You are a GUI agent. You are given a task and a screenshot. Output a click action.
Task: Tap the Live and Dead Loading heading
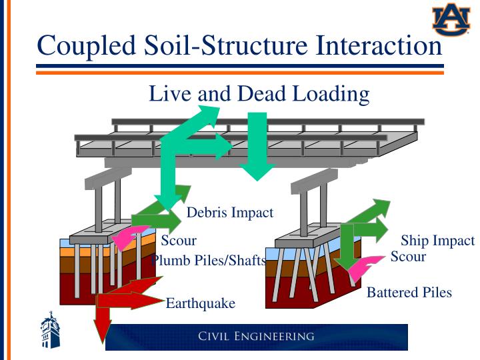(x=259, y=94)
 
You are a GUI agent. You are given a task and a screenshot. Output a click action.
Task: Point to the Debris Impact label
(x=230, y=213)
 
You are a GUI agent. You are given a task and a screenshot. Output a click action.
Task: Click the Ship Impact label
(x=437, y=241)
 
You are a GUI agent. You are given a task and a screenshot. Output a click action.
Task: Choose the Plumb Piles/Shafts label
(x=209, y=260)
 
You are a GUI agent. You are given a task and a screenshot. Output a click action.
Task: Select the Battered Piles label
(x=409, y=292)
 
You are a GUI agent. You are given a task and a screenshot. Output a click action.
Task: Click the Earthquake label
(x=200, y=303)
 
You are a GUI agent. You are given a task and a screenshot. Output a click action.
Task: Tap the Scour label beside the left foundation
(x=179, y=241)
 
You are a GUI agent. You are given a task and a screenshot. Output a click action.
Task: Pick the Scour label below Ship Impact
(x=408, y=256)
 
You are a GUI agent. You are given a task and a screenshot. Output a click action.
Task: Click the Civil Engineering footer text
(x=256, y=336)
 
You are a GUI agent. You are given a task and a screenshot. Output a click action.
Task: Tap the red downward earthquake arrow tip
(x=102, y=337)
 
